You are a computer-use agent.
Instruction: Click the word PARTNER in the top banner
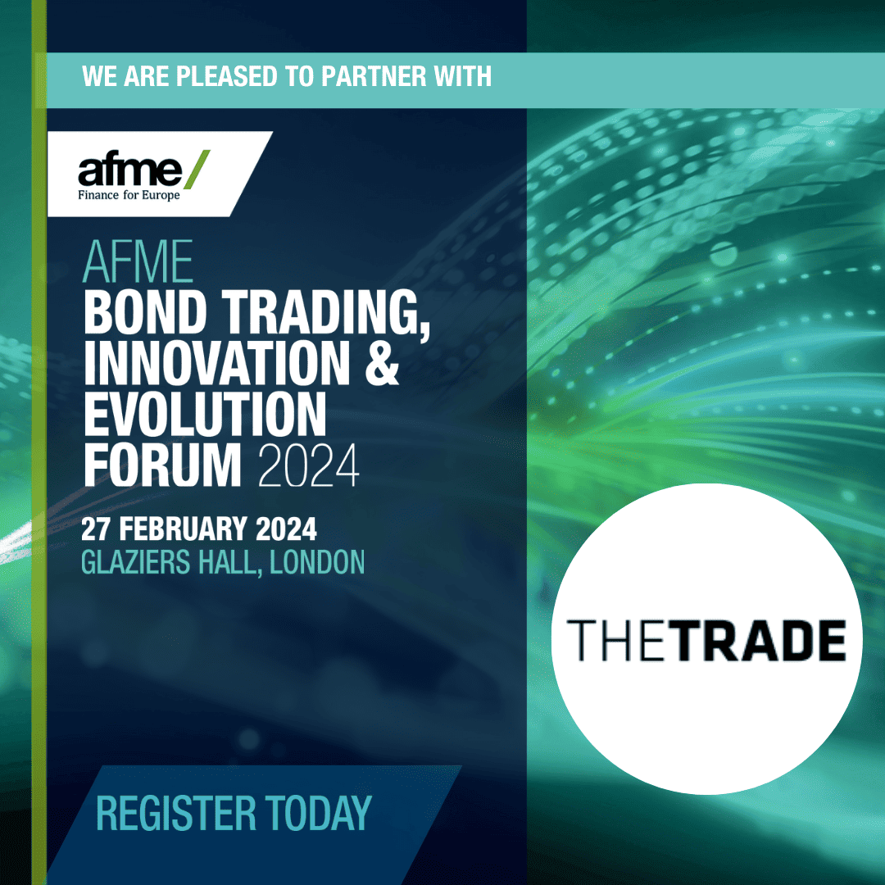click(373, 76)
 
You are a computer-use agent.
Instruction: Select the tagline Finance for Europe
click(129, 195)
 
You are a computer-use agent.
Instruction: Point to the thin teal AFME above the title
click(138, 262)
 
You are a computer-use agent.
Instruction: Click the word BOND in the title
click(145, 312)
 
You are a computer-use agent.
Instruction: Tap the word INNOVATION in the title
click(217, 363)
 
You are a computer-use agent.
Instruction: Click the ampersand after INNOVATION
click(382, 363)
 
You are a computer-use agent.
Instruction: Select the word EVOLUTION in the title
click(206, 414)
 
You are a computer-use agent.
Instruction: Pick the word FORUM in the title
click(162, 465)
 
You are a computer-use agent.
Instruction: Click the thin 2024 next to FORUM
click(309, 465)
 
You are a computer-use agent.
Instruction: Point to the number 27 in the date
click(95, 529)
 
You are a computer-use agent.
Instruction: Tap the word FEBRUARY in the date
click(183, 529)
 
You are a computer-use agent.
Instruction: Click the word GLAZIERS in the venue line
click(135, 562)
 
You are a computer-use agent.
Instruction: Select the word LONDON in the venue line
click(317, 562)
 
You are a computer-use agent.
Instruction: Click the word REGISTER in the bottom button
click(176, 814)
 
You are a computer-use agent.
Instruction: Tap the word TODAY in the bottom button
click(318, 814)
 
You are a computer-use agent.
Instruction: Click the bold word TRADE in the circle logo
click(760, 640)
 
